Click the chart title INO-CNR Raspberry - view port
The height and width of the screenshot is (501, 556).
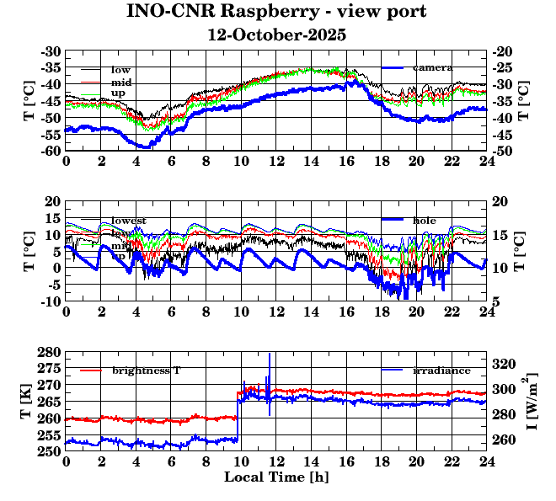pos(276,12)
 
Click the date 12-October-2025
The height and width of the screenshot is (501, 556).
pos(276,35)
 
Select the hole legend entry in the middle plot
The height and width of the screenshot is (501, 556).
pos(424,220)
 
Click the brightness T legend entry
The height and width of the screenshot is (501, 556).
pos(146,370)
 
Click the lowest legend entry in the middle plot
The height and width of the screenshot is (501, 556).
pos(129,221)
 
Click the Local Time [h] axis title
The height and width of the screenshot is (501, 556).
pos(276,477)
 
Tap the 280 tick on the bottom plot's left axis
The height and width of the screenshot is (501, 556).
pos(50,352)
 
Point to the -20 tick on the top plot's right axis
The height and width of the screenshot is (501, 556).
pos(503,51)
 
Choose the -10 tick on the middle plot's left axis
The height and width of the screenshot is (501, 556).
pos(51,301)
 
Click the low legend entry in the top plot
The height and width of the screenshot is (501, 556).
pos(120,69)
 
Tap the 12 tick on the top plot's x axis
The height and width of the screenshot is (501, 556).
pos(276,160)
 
